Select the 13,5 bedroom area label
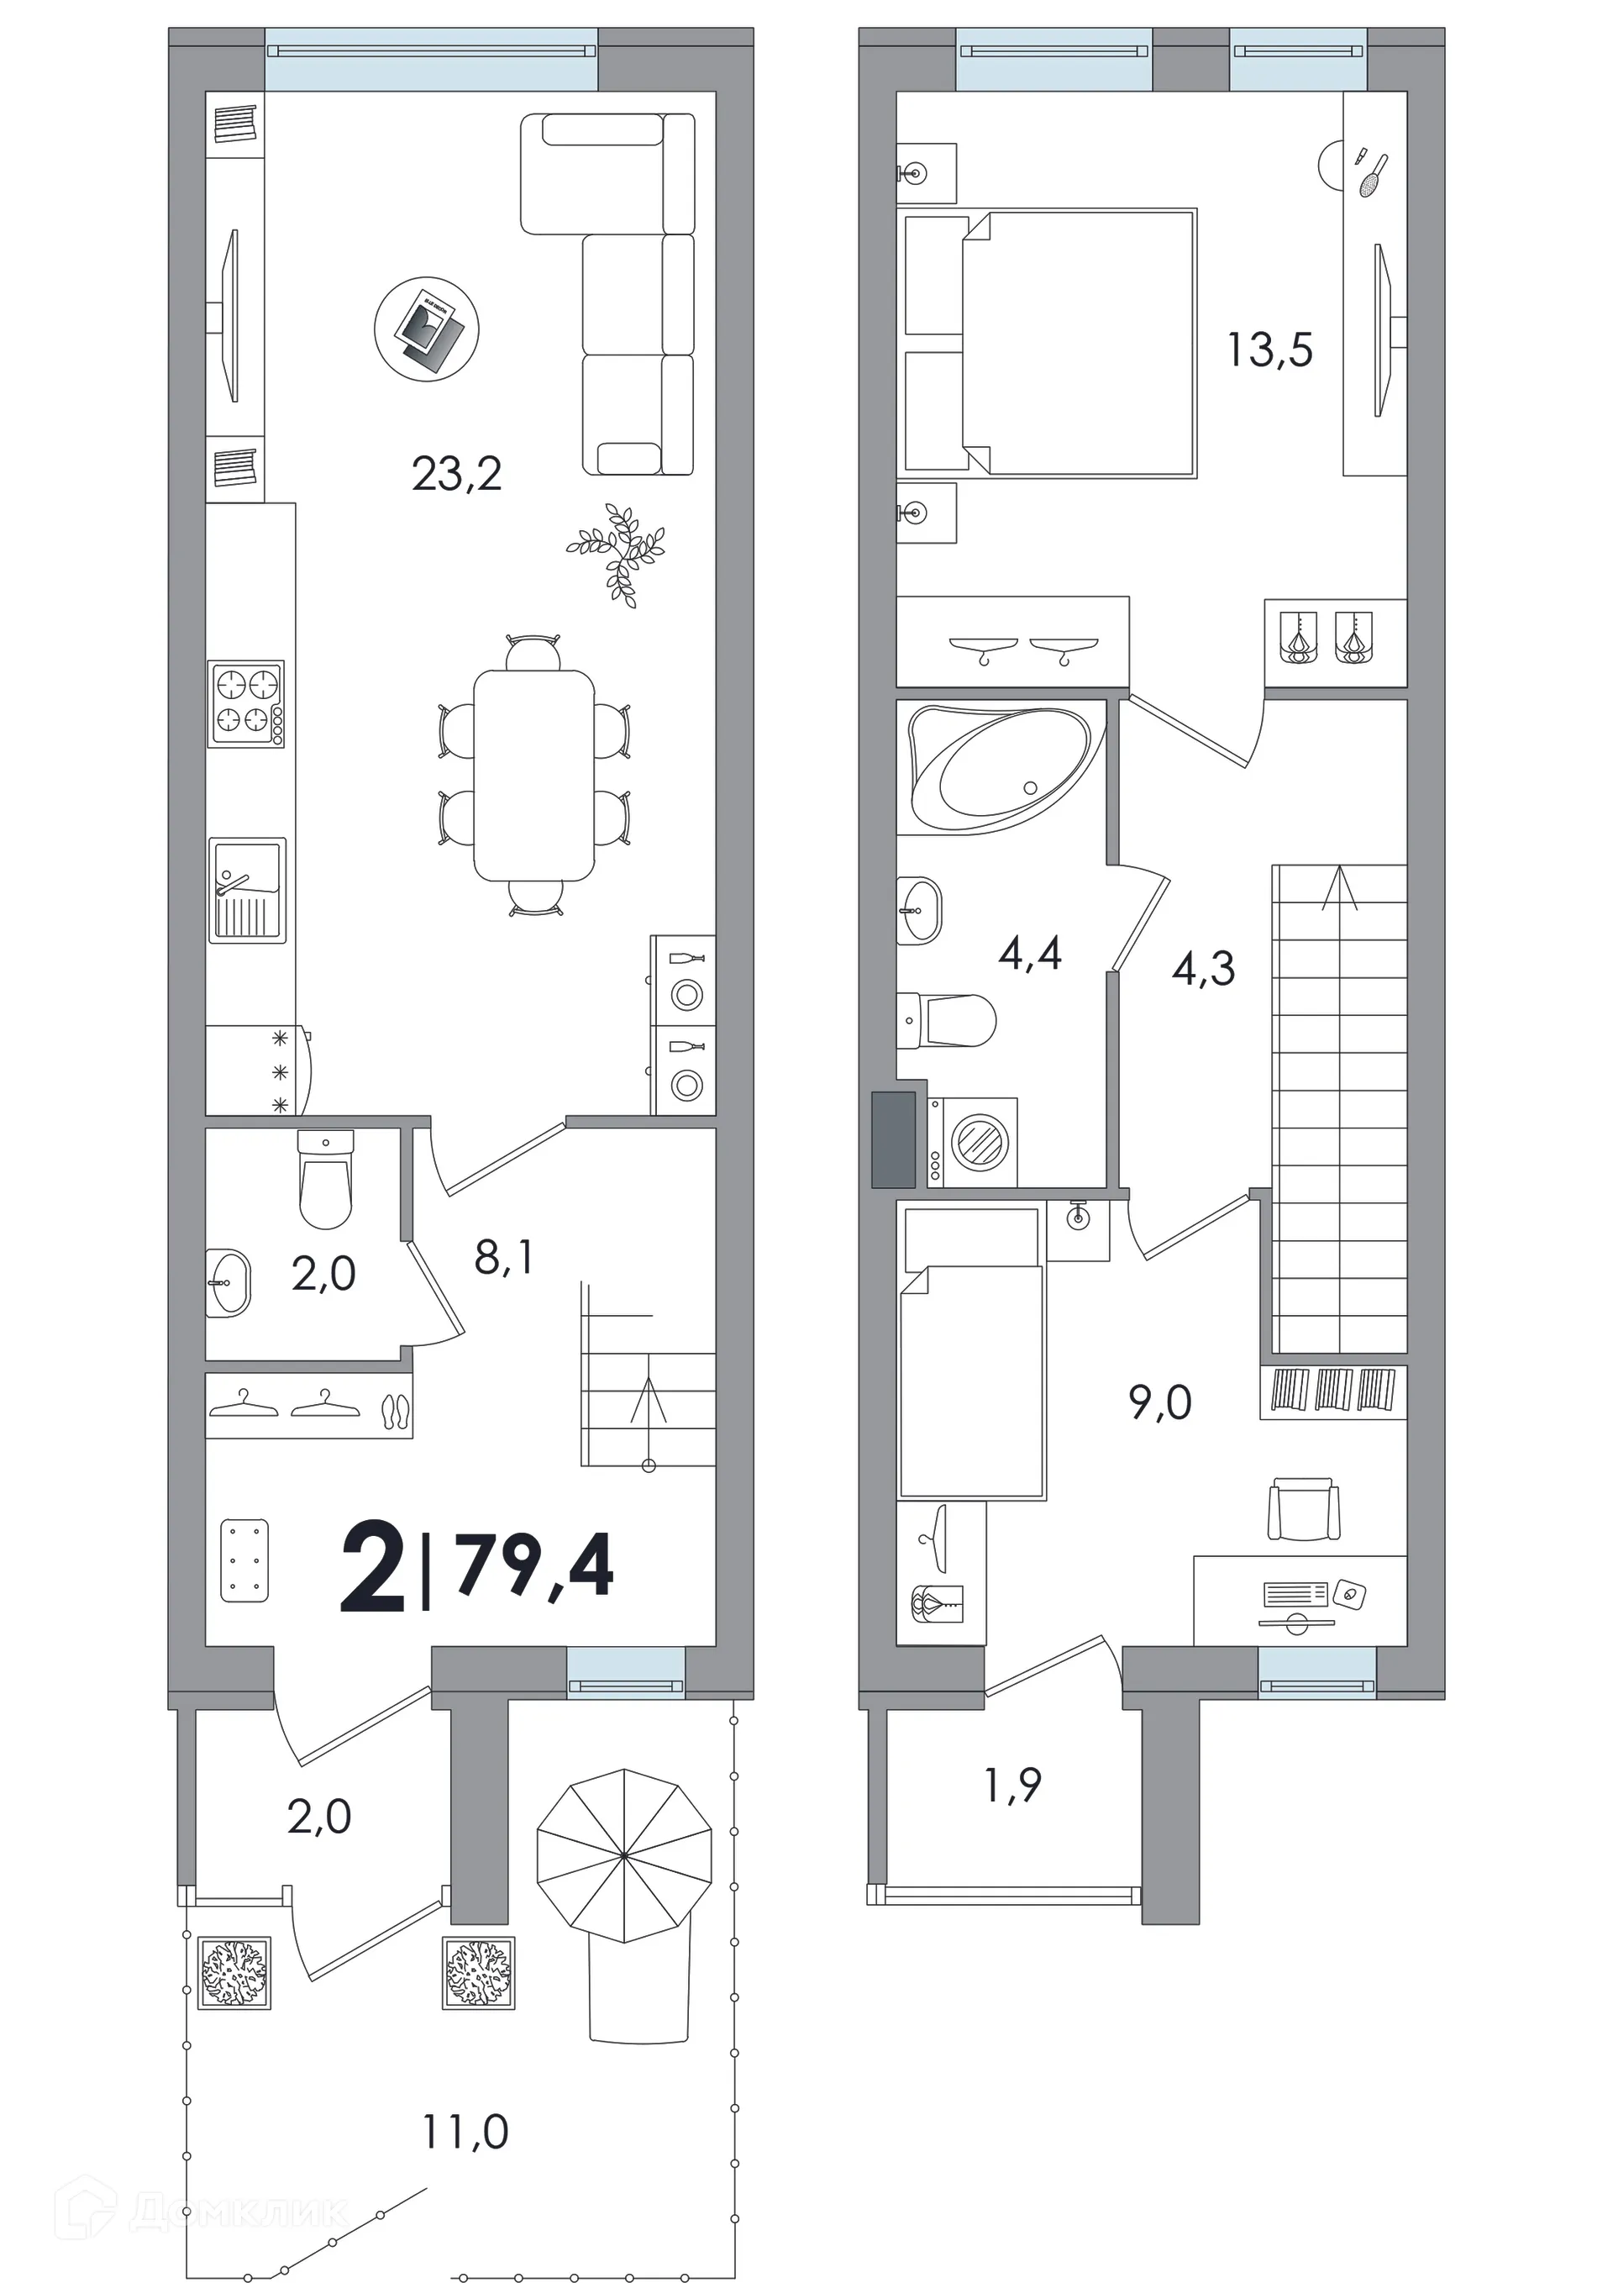[1270, 350]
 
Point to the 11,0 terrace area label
[465, 2132]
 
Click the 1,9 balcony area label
[1012, 1785]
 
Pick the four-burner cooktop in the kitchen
[245, 704]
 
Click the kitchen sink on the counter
[248, 890]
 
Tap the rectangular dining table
[534, 776]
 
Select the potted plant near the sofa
[617, 553]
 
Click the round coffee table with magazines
[427, 329]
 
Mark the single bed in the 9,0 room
[970, 1350]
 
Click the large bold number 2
[373, 1568]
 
